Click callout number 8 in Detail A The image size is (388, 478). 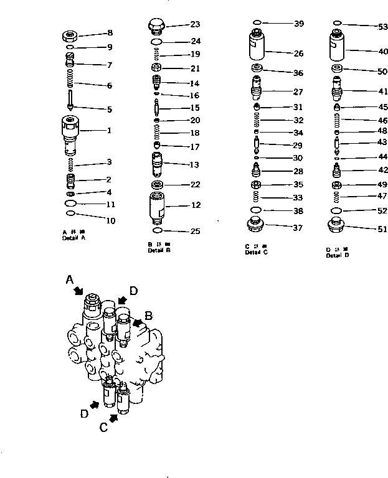point(110,32)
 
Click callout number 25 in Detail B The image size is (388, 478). point(195,232)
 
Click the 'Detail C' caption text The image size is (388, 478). point(257,252)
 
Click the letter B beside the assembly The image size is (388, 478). point(148,316)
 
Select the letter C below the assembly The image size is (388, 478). point(105,427)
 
